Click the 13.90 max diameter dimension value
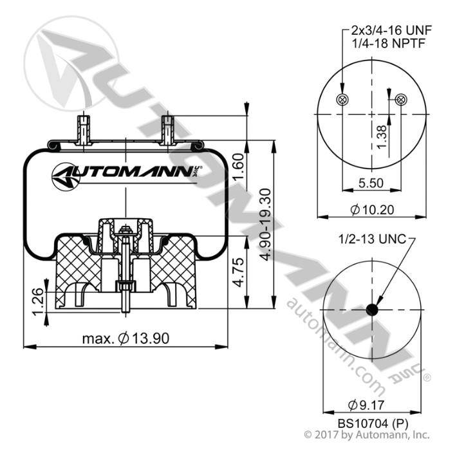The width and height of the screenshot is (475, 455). pyautogui.click(x=126, y=339)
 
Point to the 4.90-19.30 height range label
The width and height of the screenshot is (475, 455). pyautogui.click(x=266, y=225)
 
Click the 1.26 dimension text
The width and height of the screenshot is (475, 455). pyautogui.click(x=37, y=302)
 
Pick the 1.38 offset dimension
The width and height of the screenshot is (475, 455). pyautogui.click(x=382, y=137)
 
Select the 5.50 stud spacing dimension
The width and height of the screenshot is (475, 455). pyautogui.click(x=371, y=183)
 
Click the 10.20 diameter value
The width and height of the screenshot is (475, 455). pyautogui.click(x=372, y=209)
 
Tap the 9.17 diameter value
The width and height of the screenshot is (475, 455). pyautogui.click(x=366, y=405)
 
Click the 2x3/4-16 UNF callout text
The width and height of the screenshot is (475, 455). pyautogui.click(x=391, y=30)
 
